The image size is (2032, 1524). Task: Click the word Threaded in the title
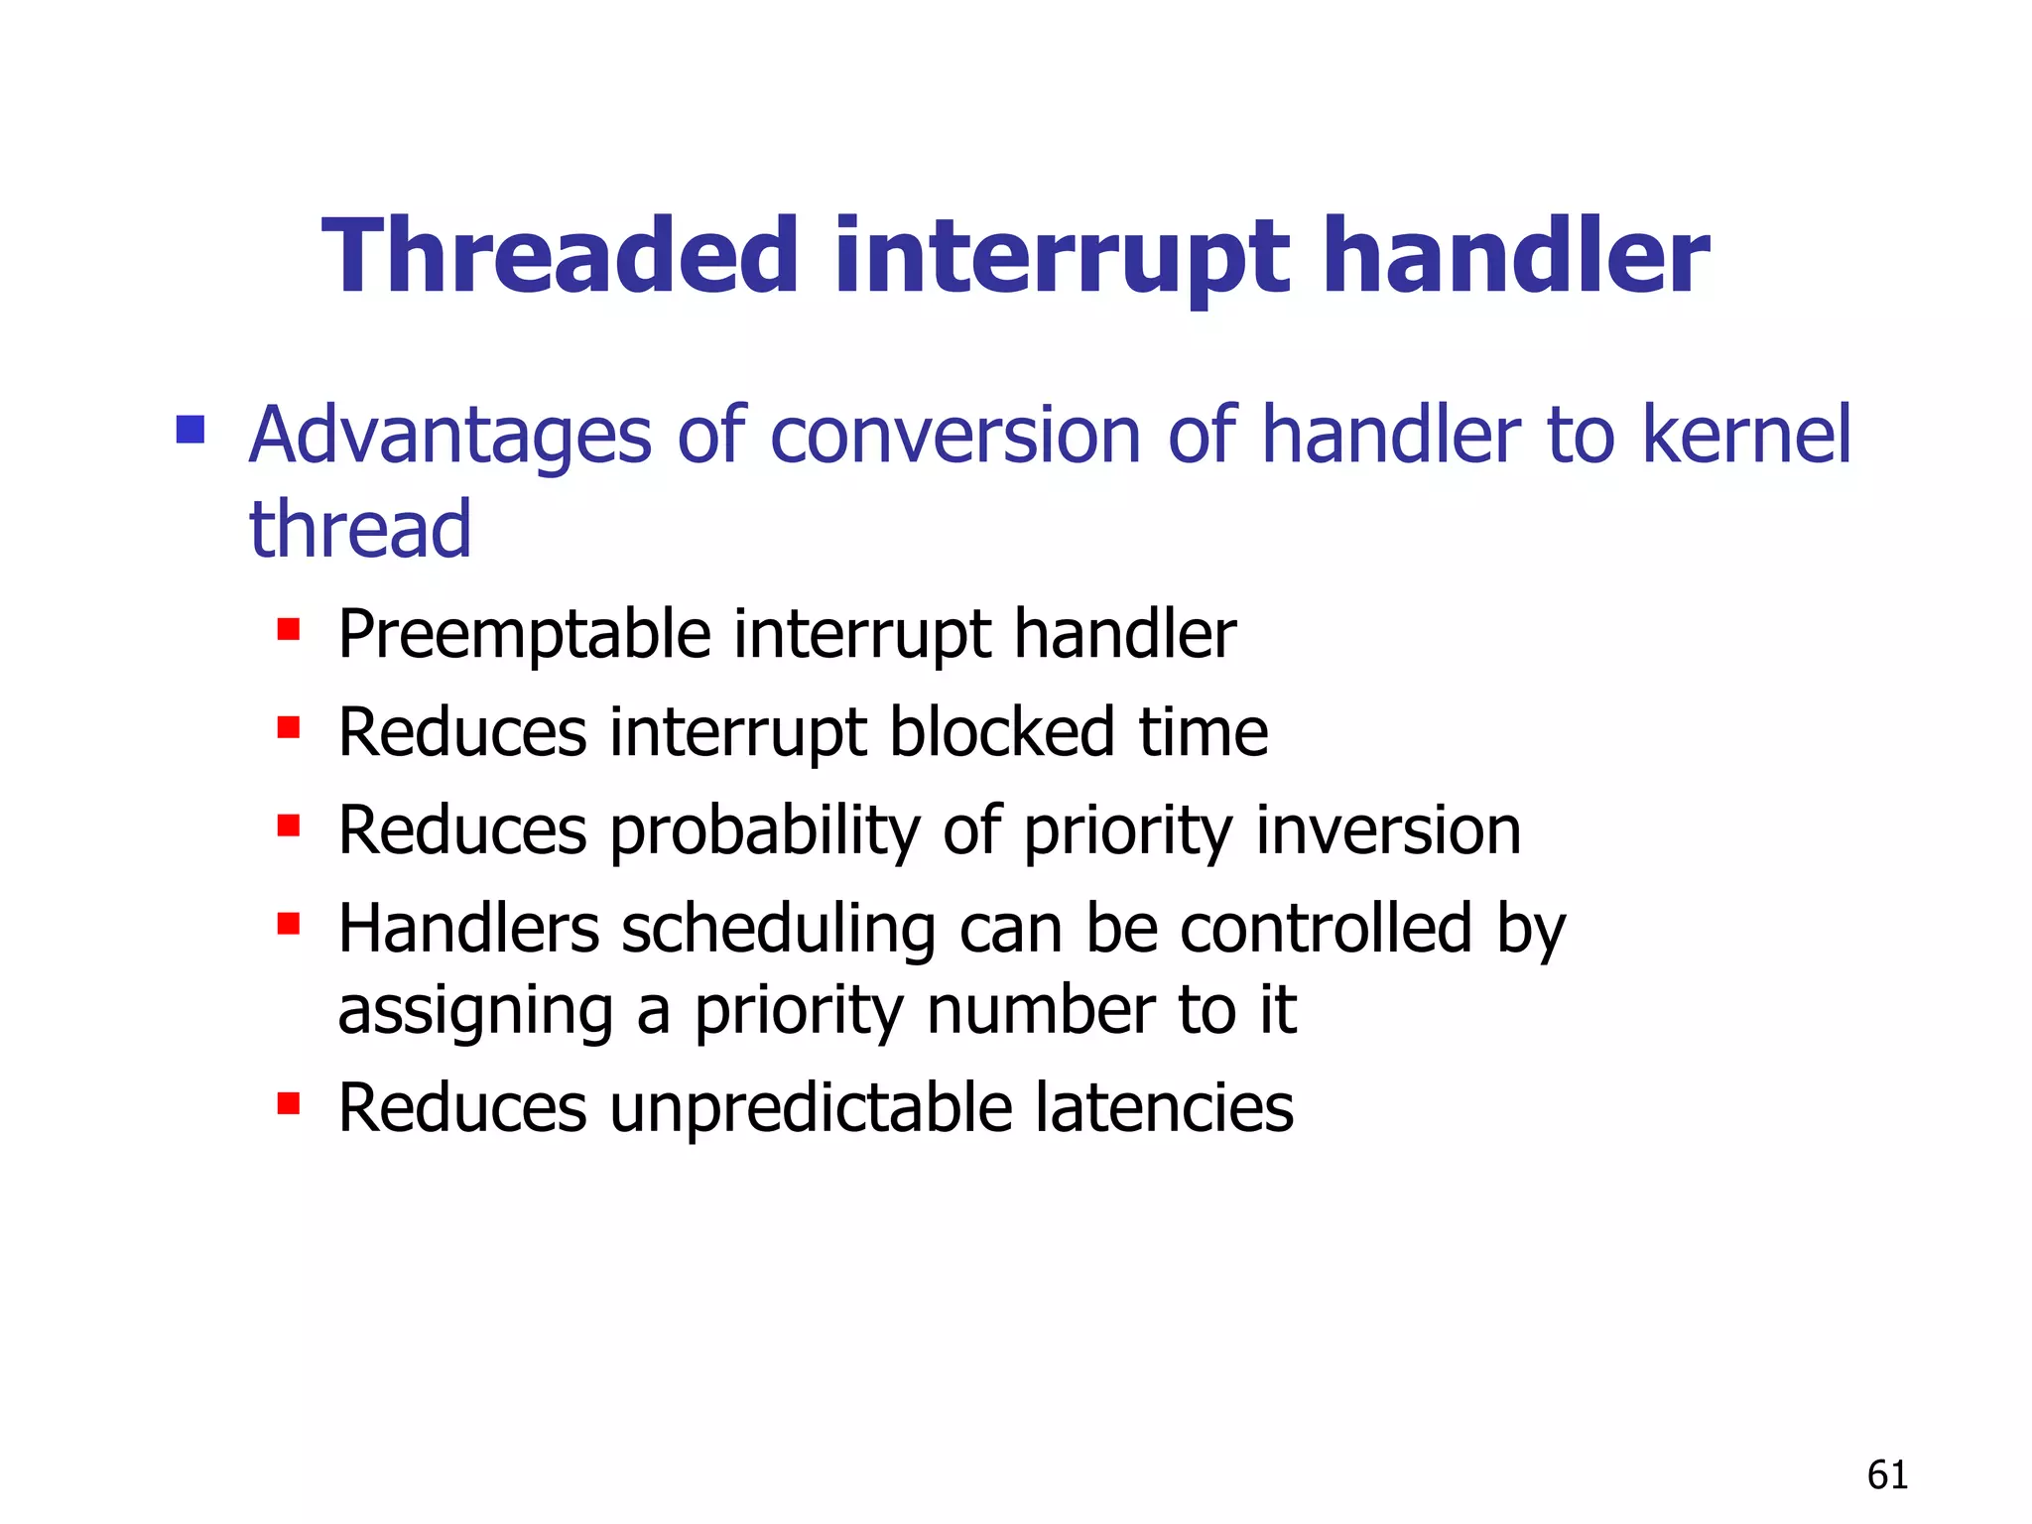click(x=561, y=257)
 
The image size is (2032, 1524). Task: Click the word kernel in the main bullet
click(x=1746, y=436)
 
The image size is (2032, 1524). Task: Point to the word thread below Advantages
click(x=360, y=529)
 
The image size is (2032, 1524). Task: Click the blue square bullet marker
click(x=190, y=430)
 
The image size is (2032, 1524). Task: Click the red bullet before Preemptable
click(x=289, y=629)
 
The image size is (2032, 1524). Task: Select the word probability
click(x=764, y=831)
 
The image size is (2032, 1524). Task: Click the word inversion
click(x=1388, y=829)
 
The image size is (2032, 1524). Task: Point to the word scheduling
click(x=779, y=931)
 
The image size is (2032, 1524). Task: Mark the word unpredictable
click(x=811, y=1108)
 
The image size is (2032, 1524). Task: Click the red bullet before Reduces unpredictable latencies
click(x=289, y=1103)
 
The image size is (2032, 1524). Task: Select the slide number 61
click(x=1887, y=1475)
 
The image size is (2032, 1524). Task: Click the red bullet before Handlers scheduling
click(x=289, y=925)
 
